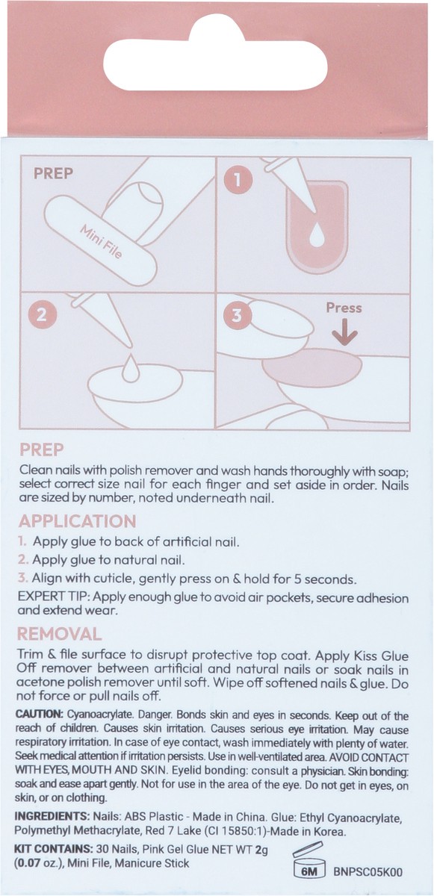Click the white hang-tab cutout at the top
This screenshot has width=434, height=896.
(215, 60)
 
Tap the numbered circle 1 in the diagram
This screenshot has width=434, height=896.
(238, 180)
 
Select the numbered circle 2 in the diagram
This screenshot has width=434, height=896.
(42, 315)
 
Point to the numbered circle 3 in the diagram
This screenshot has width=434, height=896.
(237, 315)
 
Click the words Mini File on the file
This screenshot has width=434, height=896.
(101, 242)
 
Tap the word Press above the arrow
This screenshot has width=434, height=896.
(344, 308)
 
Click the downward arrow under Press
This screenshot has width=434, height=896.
(345, 332)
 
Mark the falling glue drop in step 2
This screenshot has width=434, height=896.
(131, 367)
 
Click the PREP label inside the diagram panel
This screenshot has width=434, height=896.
(53, 173)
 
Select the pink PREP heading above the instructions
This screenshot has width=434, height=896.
(41, 450)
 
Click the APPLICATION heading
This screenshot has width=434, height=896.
(77, 522)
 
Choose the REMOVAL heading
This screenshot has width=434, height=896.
(59, 634)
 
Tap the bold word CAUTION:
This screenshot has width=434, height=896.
(40, 714)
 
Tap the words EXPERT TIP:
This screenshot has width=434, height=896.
(55, 597)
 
